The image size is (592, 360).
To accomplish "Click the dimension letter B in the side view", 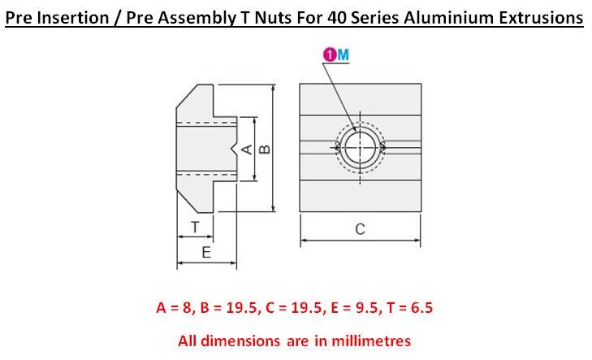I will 264,149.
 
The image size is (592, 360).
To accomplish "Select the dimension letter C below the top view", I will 361,229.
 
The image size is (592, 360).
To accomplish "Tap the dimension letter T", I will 195,225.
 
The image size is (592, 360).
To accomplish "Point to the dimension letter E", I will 206,253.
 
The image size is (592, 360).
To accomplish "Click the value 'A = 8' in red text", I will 175,308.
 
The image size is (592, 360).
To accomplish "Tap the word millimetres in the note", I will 374,340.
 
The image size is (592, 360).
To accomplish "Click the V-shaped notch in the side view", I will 235,149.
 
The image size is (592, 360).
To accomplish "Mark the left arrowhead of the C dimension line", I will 304,241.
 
